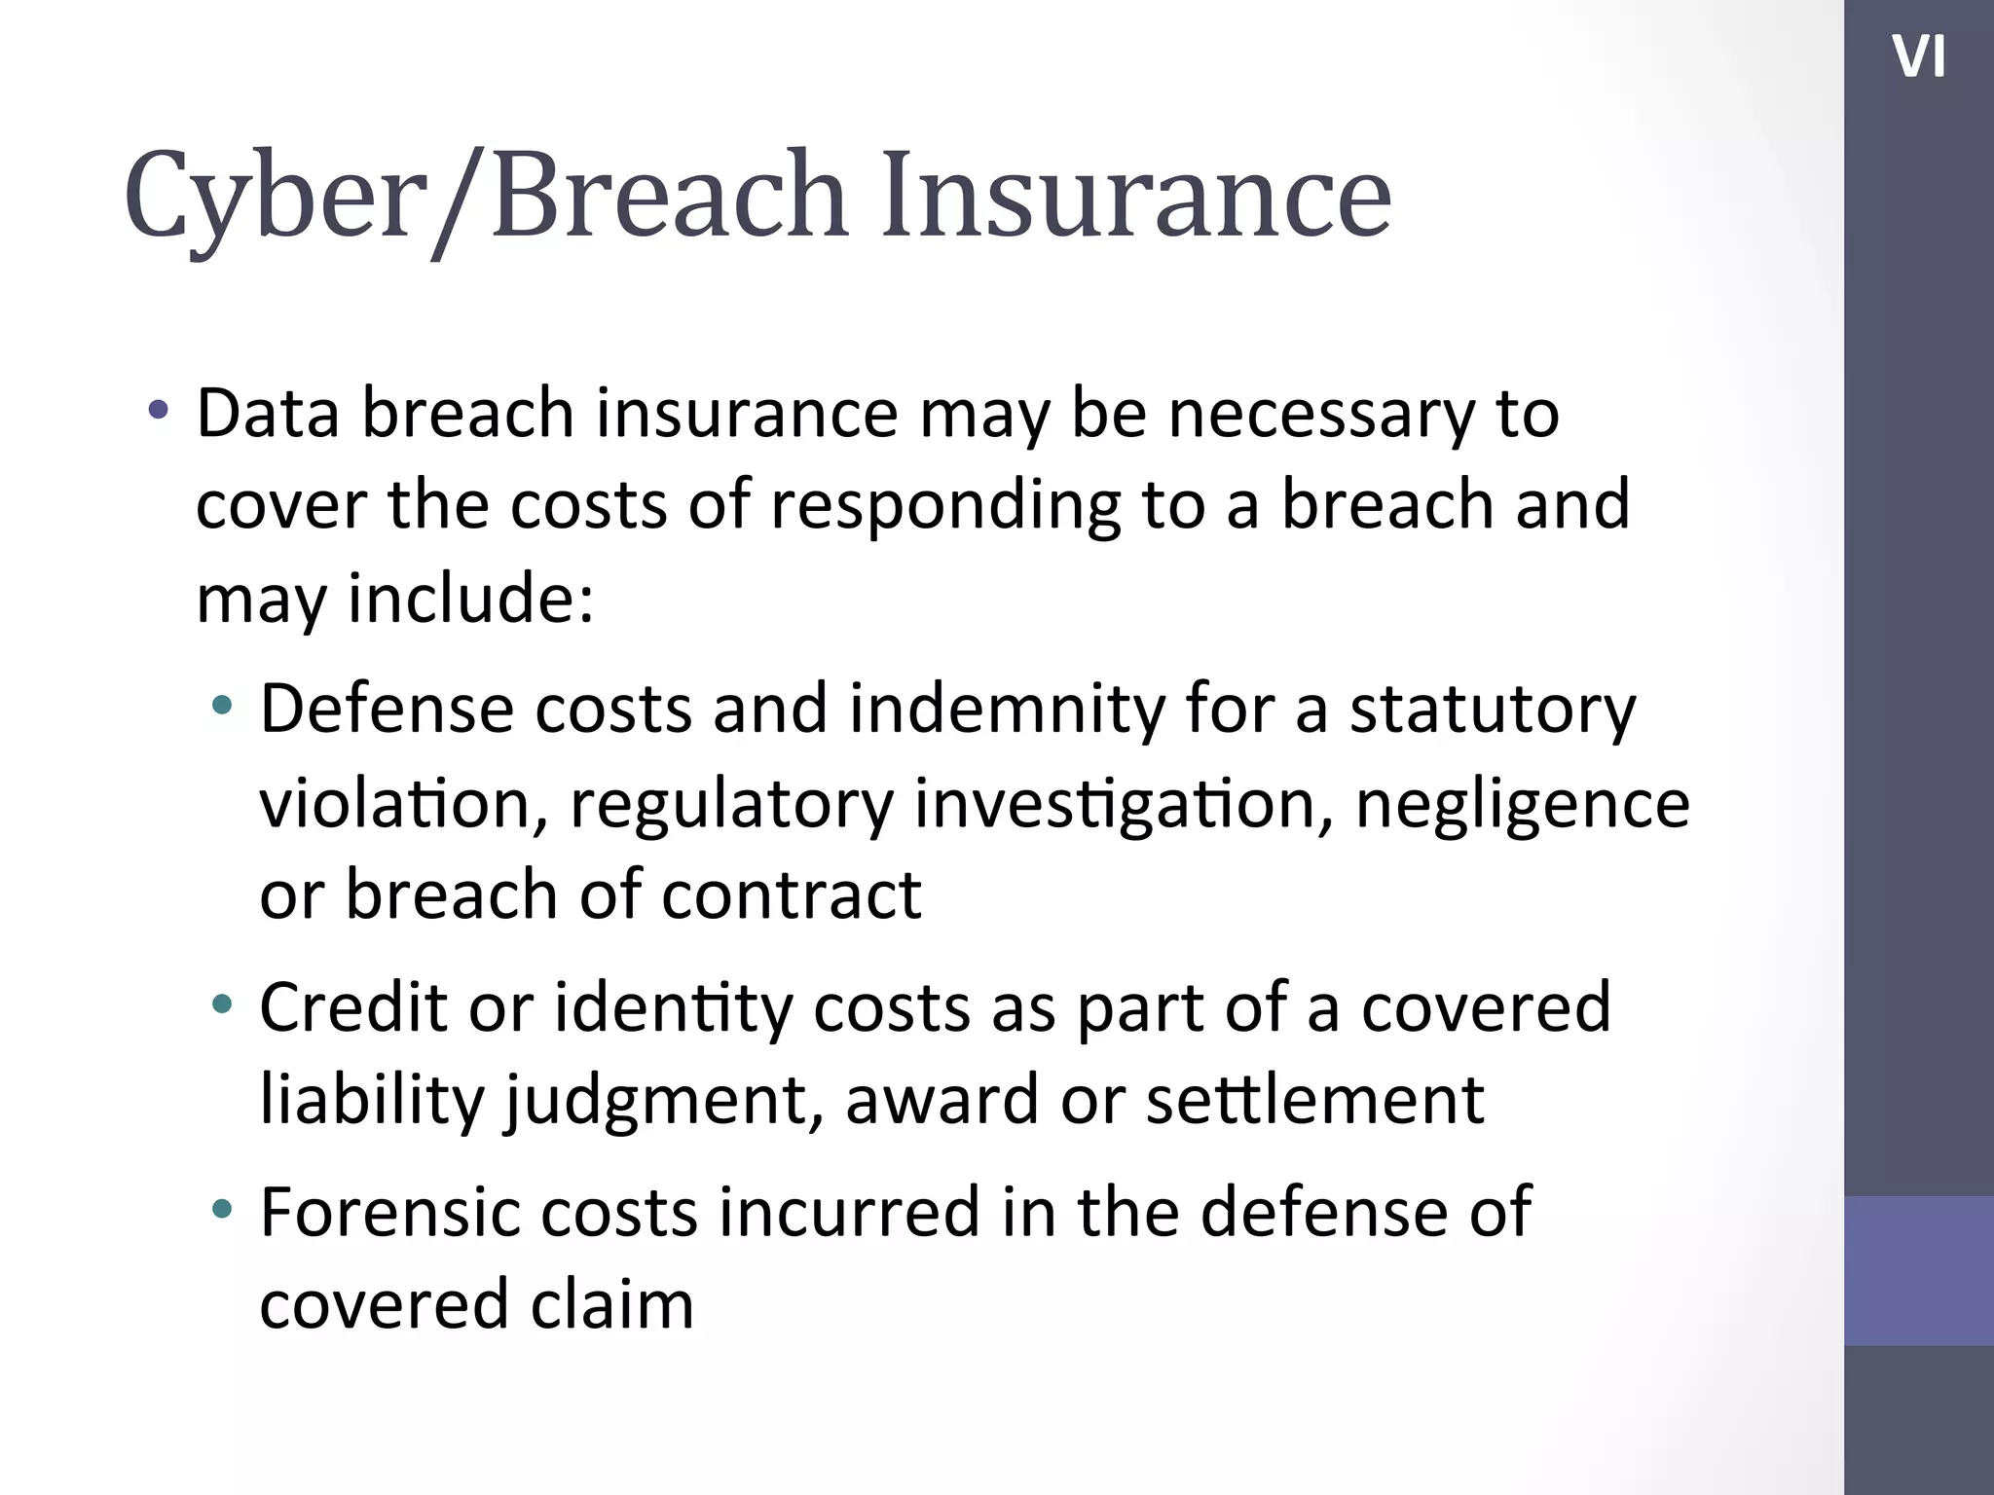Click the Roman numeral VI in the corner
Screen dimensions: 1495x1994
pyautogui.click(x=1918, y=57)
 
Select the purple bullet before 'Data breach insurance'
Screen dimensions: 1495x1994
pyautogui.click(x=158, y=410)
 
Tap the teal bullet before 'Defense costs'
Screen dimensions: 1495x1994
pyautogui.click(x=222, y=706)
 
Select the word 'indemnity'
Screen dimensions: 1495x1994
pyautogui.click(x=1007, y=709)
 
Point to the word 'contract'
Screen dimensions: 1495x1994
pyautogui.click(x=791, y=894)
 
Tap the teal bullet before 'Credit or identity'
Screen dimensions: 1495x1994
pyautogui.click(x=222, y=1003)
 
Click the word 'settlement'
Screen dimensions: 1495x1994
pyautogui.click(x=1314, y=1100)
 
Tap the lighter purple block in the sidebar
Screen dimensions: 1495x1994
pyautogui.click(x=1918, y=1270)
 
